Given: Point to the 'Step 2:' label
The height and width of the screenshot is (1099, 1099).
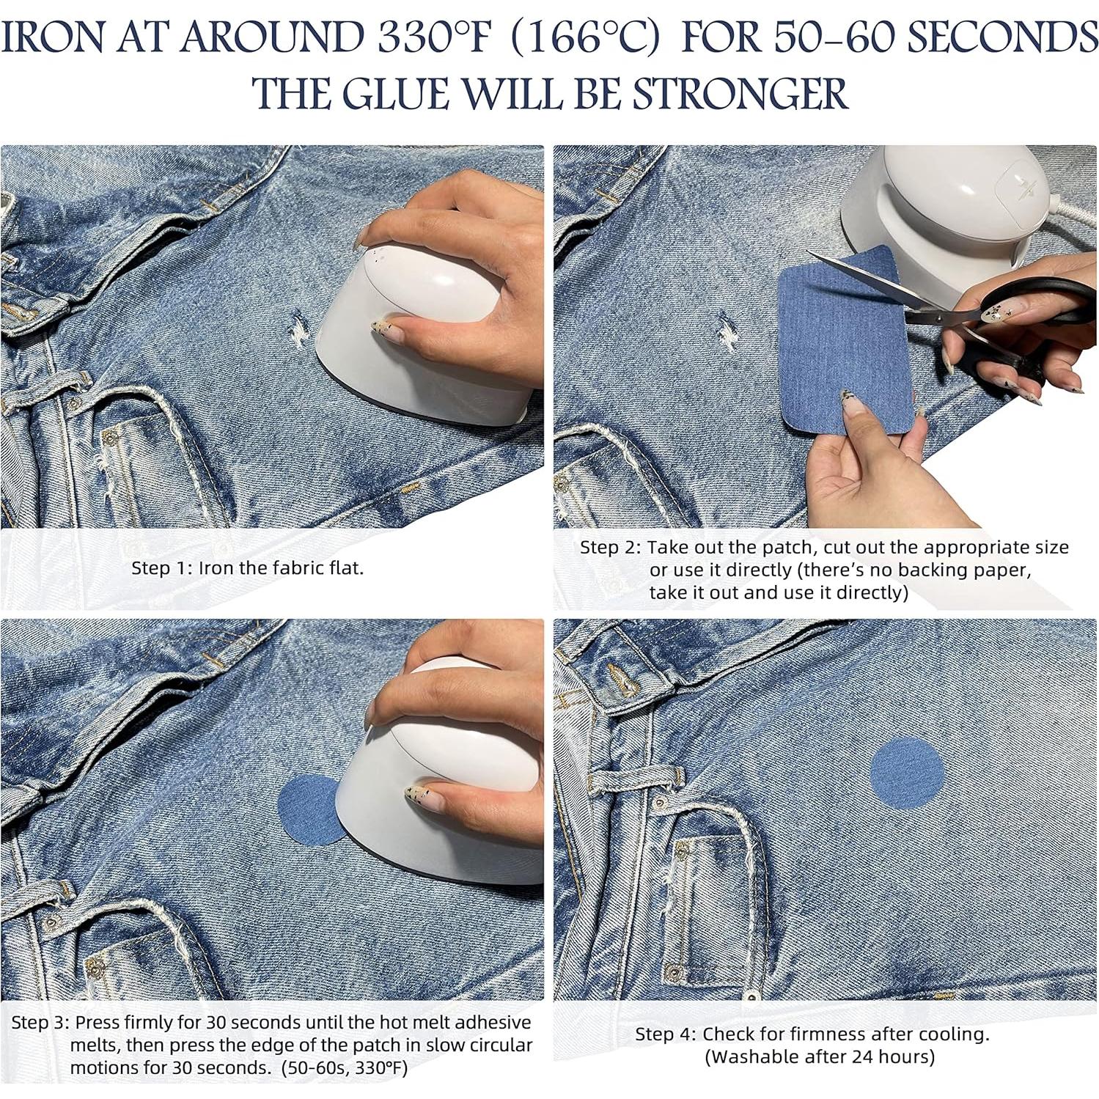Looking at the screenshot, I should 611,548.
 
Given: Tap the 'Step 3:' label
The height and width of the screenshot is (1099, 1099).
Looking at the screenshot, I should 41,1022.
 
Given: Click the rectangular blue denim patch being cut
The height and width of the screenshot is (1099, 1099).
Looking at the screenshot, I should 836,345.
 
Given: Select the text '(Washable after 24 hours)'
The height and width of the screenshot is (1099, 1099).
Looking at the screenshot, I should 819,1057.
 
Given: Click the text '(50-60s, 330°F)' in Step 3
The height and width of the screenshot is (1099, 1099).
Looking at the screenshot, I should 345,1067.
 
